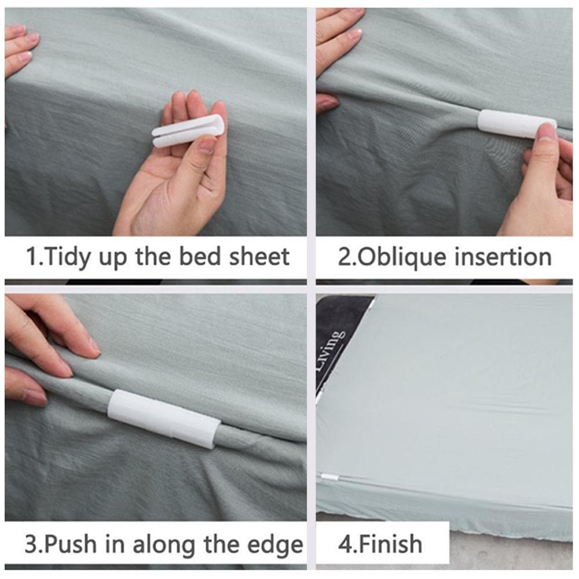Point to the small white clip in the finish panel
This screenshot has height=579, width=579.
329,478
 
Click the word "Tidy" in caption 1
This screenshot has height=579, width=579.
64,256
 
